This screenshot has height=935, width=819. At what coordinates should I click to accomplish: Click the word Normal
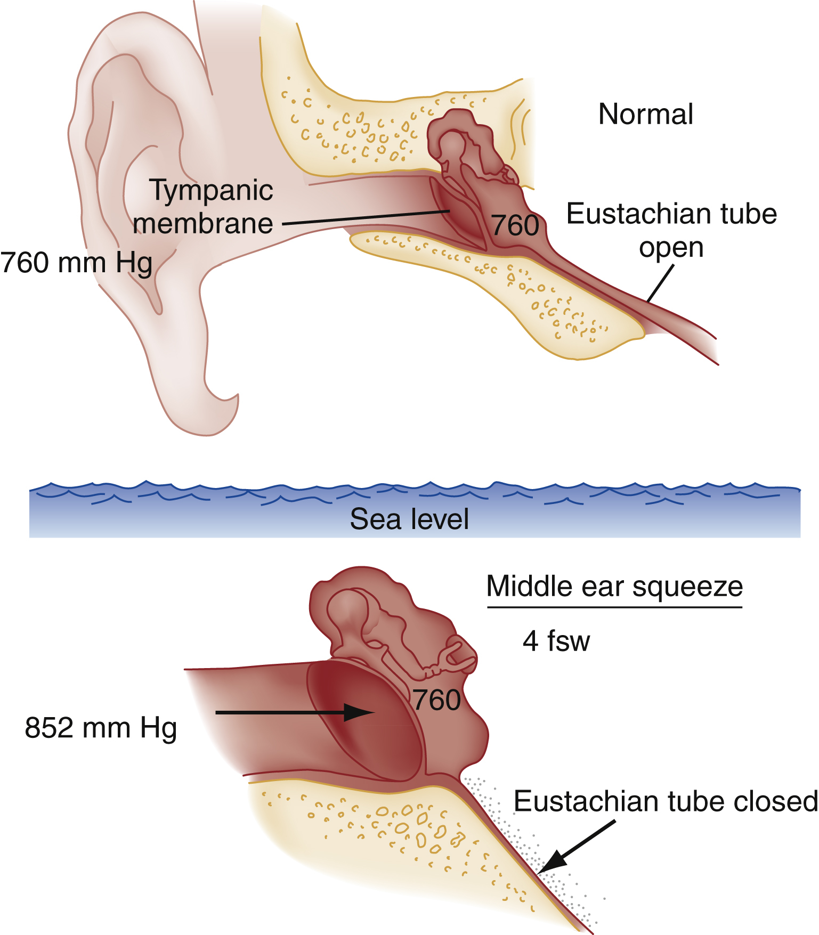(646, 115)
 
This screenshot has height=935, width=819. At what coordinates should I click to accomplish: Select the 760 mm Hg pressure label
(76, 263)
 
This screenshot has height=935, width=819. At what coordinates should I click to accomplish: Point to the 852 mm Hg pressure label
(101, 728)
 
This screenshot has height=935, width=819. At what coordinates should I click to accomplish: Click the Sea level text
(409, 519)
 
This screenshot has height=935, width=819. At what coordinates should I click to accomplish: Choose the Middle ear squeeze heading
(614, 587)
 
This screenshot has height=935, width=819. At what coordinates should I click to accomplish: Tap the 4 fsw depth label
(556, 641)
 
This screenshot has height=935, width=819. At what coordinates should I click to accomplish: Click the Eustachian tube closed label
(666, 801)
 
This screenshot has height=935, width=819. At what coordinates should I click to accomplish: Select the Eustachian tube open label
(671, 230)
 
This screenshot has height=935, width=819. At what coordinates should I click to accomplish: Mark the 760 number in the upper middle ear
(515, 226)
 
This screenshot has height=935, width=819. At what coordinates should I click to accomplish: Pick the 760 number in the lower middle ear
(437, 700)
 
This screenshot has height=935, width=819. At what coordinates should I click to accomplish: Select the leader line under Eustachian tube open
(661, 283)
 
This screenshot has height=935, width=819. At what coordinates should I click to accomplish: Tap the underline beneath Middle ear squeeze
(614, 607)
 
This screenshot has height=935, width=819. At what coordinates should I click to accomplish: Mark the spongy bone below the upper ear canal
(506, 288)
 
